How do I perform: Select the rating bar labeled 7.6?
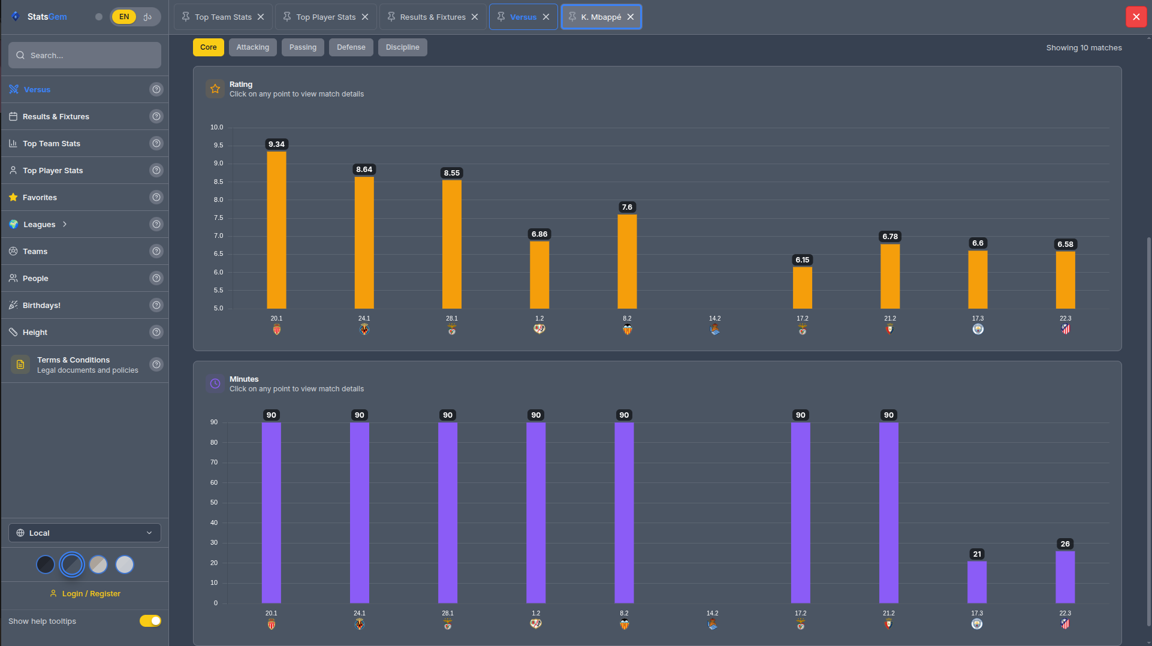[627, 261]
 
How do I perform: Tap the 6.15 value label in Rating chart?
[802, 260]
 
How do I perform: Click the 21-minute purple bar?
[977, 582]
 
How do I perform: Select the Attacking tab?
[252, 47]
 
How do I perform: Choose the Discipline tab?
[402, 47]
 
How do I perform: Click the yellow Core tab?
[208, 47]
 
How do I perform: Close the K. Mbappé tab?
[631, 17]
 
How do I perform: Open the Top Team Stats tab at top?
[222, 17]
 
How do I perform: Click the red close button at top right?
[1136, 17]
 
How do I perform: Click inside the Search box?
[85, 55]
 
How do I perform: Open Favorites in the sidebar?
[40, 197]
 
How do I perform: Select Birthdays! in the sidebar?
[41, 305]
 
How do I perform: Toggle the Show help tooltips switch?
[150, 621]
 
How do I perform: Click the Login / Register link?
[91, 593]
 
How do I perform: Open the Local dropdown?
[85, 533]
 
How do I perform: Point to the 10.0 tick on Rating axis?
[216, 128]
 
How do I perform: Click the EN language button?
[124, 17]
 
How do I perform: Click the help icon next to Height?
[156, 332]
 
